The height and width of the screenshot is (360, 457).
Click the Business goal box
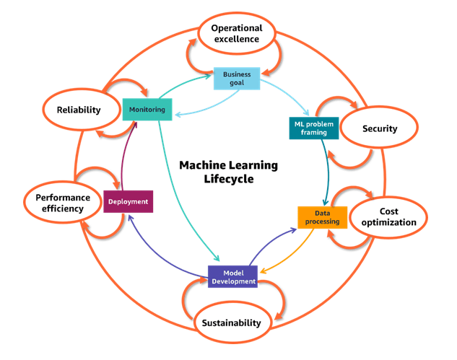pyautogui.click(x=237, y=78)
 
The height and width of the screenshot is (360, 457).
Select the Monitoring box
pyautogui.click(x=147, y=110)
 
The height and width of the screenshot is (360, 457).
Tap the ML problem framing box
pyautogui.click(x=314, y=128)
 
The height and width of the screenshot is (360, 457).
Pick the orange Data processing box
pyautogui.click(x=322, y=217)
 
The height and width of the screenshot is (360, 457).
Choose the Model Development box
pyautogui.click(x=233, y=276)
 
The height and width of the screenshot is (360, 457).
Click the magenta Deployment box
pyautogui.click(x=128, y=201)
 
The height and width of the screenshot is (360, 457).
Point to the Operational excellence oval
pyautogui.click(x=236, y=33)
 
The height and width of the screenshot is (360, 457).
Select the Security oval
pyautogui.click(x=380, y=129)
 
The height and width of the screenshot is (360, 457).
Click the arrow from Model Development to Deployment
pyautogui.click(x=162, y=249)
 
